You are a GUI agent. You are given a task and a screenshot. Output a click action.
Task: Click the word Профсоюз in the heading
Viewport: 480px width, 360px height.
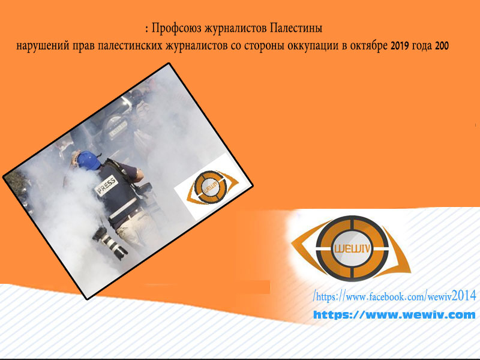point(176,28)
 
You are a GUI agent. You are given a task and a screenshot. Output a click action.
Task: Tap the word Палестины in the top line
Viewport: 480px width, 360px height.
point(296,28)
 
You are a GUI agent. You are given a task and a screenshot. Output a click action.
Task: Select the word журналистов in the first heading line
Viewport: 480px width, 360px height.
point(236,29)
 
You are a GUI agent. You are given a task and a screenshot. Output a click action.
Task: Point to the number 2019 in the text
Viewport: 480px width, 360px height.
point(400,46)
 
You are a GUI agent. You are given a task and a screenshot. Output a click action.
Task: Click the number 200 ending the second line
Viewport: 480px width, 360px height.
point(442,46)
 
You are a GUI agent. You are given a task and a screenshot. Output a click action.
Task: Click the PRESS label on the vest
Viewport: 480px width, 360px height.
point(106,185)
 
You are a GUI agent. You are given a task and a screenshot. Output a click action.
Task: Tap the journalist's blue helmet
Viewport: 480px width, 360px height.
point(88,160)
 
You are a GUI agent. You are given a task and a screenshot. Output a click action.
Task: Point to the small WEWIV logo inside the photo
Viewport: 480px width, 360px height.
point(212,187)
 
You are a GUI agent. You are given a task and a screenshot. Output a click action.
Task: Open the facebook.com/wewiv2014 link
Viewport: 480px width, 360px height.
point(394,296)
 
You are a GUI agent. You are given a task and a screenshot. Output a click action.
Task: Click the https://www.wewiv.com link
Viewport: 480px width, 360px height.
point(394,314)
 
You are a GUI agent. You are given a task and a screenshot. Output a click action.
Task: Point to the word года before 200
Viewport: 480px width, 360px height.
point(422,46)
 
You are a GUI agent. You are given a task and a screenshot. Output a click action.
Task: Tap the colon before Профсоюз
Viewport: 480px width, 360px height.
point(147,29)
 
